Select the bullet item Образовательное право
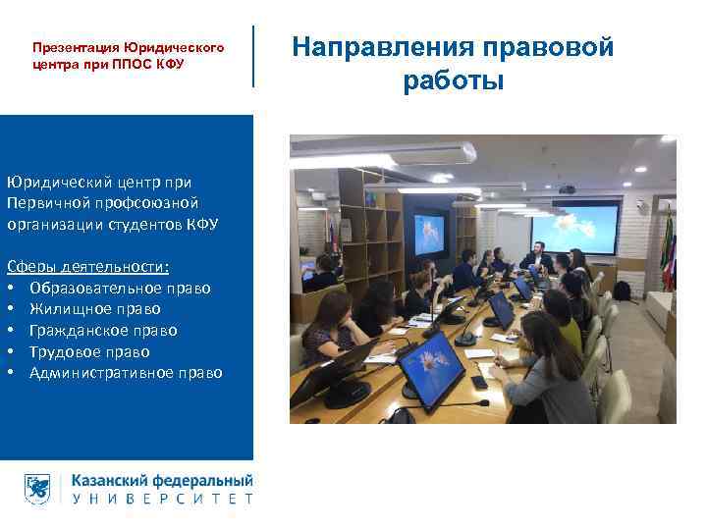[120, 288]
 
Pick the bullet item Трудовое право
[89, 351]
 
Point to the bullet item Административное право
[126, 373]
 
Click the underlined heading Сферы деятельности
[87, 267]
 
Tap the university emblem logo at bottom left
[38, 489]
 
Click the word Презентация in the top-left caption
[76, 47]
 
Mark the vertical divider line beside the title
[253, 56]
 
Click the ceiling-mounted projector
[567, 188]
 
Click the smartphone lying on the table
[478, 382]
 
